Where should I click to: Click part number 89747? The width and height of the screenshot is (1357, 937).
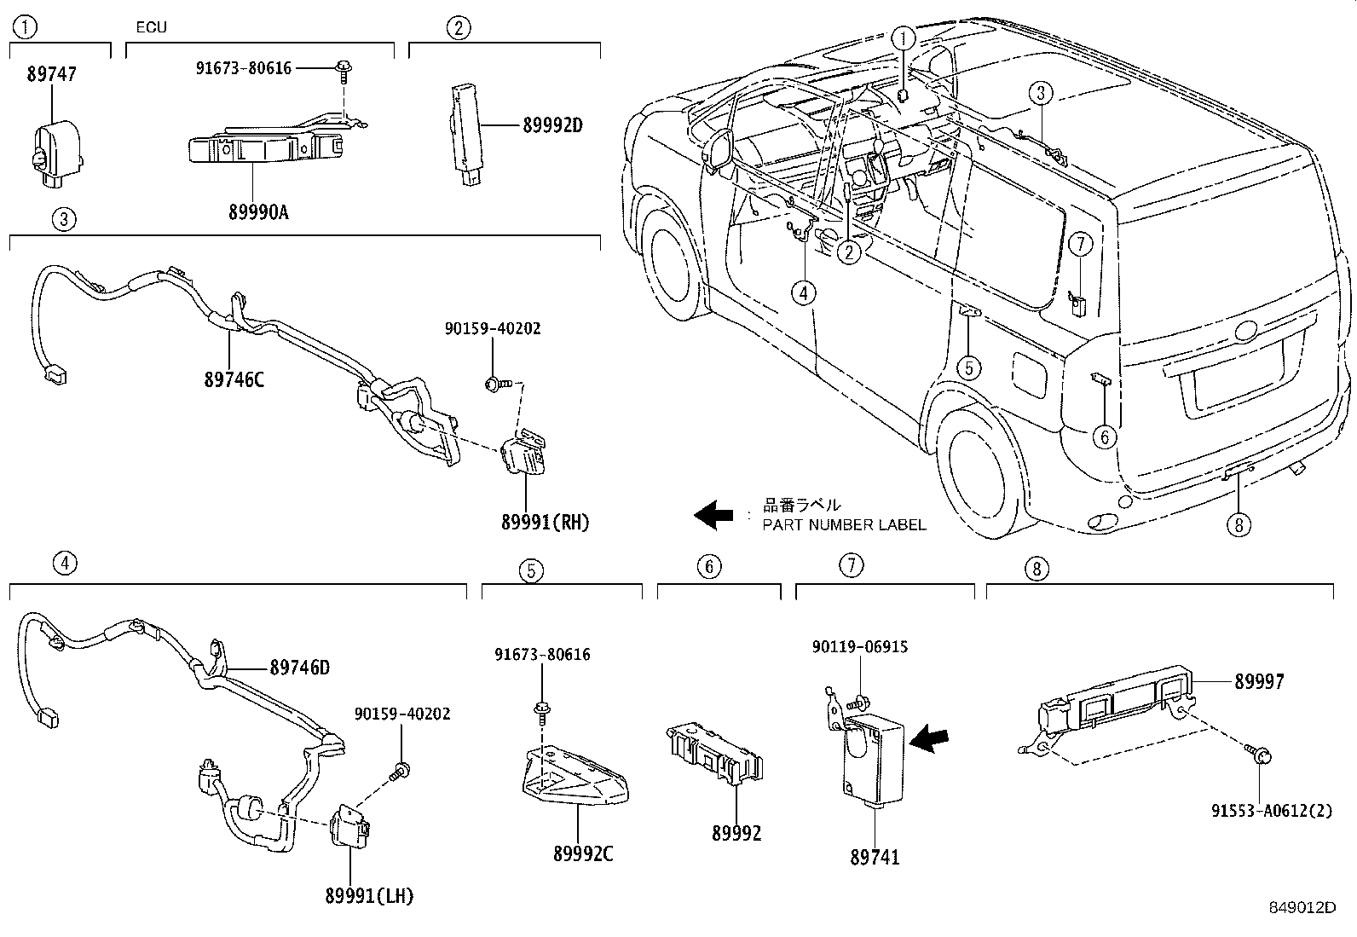(51, 74)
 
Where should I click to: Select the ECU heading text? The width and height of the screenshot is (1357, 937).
(151, 27)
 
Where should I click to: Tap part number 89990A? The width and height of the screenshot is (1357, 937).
(257, 212)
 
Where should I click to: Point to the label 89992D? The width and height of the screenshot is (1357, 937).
(551, 125)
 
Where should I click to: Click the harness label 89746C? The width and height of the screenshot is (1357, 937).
(234, 379)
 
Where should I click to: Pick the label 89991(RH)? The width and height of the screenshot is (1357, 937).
(545, 523)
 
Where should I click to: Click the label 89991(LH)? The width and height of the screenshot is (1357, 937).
(369, 896)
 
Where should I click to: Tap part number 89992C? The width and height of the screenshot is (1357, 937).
(582, 853)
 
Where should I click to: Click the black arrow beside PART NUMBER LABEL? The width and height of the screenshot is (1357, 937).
(713, 514)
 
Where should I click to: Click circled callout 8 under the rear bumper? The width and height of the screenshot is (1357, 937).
(1238, 523)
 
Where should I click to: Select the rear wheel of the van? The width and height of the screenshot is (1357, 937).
(978, 476)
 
